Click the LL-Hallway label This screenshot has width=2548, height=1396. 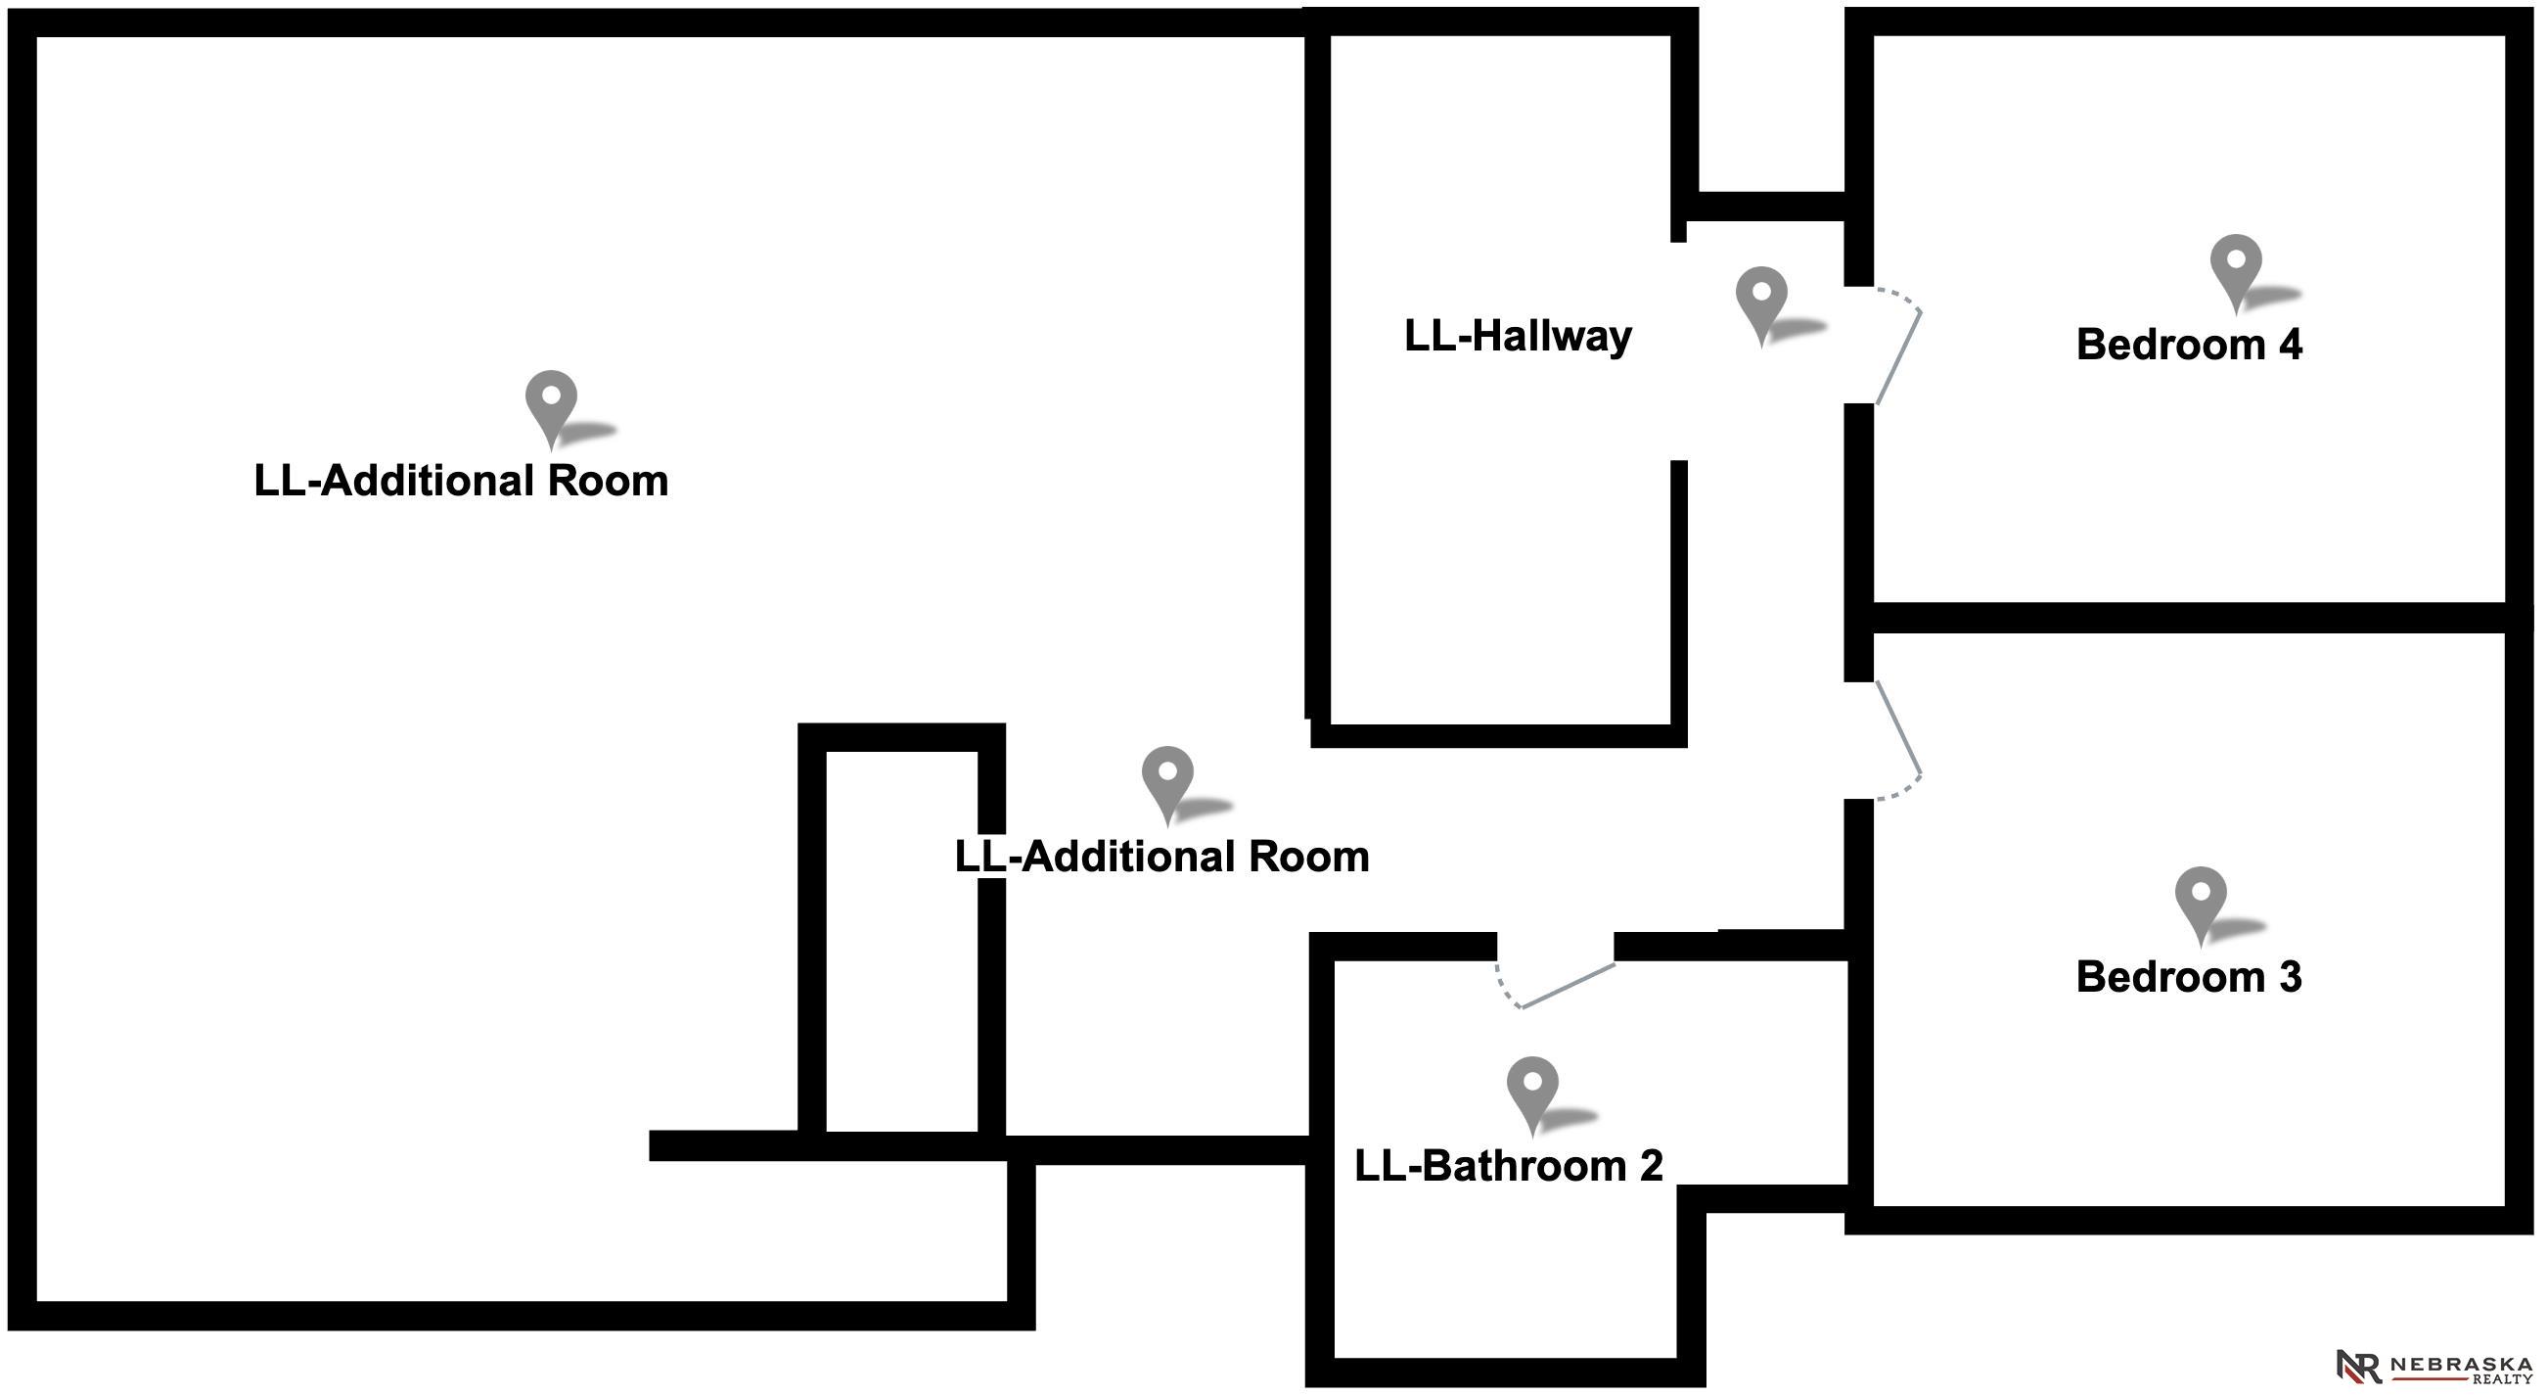(x=1518, y=337)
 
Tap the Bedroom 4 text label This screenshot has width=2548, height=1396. (x=2188, y=345)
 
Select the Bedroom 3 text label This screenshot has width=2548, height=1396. (x=2188, y=976)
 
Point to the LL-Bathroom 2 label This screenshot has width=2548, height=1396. (x=1508, y=1166)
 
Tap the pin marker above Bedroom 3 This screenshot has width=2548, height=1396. (x=2200, y=898)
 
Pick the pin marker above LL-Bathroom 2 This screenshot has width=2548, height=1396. (x=1531, y=1088)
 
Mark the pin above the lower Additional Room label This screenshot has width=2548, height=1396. (x=1167, y=776)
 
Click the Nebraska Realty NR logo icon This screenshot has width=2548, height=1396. (x=2359, y=1366)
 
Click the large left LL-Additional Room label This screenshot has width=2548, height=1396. (x=461, y=481)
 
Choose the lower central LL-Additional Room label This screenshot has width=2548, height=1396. (x=1161, y=857)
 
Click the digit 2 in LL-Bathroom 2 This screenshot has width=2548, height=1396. (x=1651, y=1166)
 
